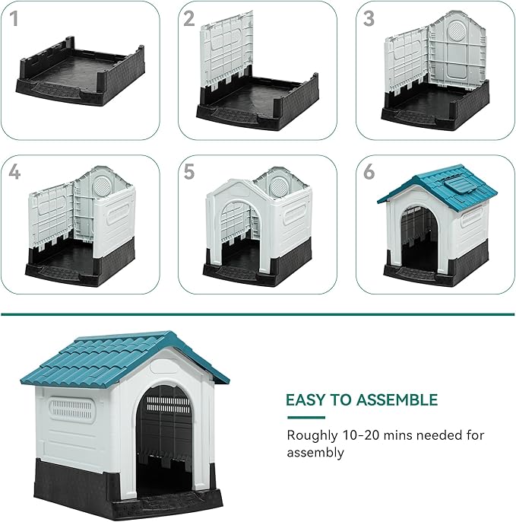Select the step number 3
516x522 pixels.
pos(369,19)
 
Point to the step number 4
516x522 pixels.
pos(14,173)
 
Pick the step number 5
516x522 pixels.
pos(190,173)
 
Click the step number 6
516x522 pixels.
pos(369,173)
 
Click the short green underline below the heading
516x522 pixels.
pos(305,418)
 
